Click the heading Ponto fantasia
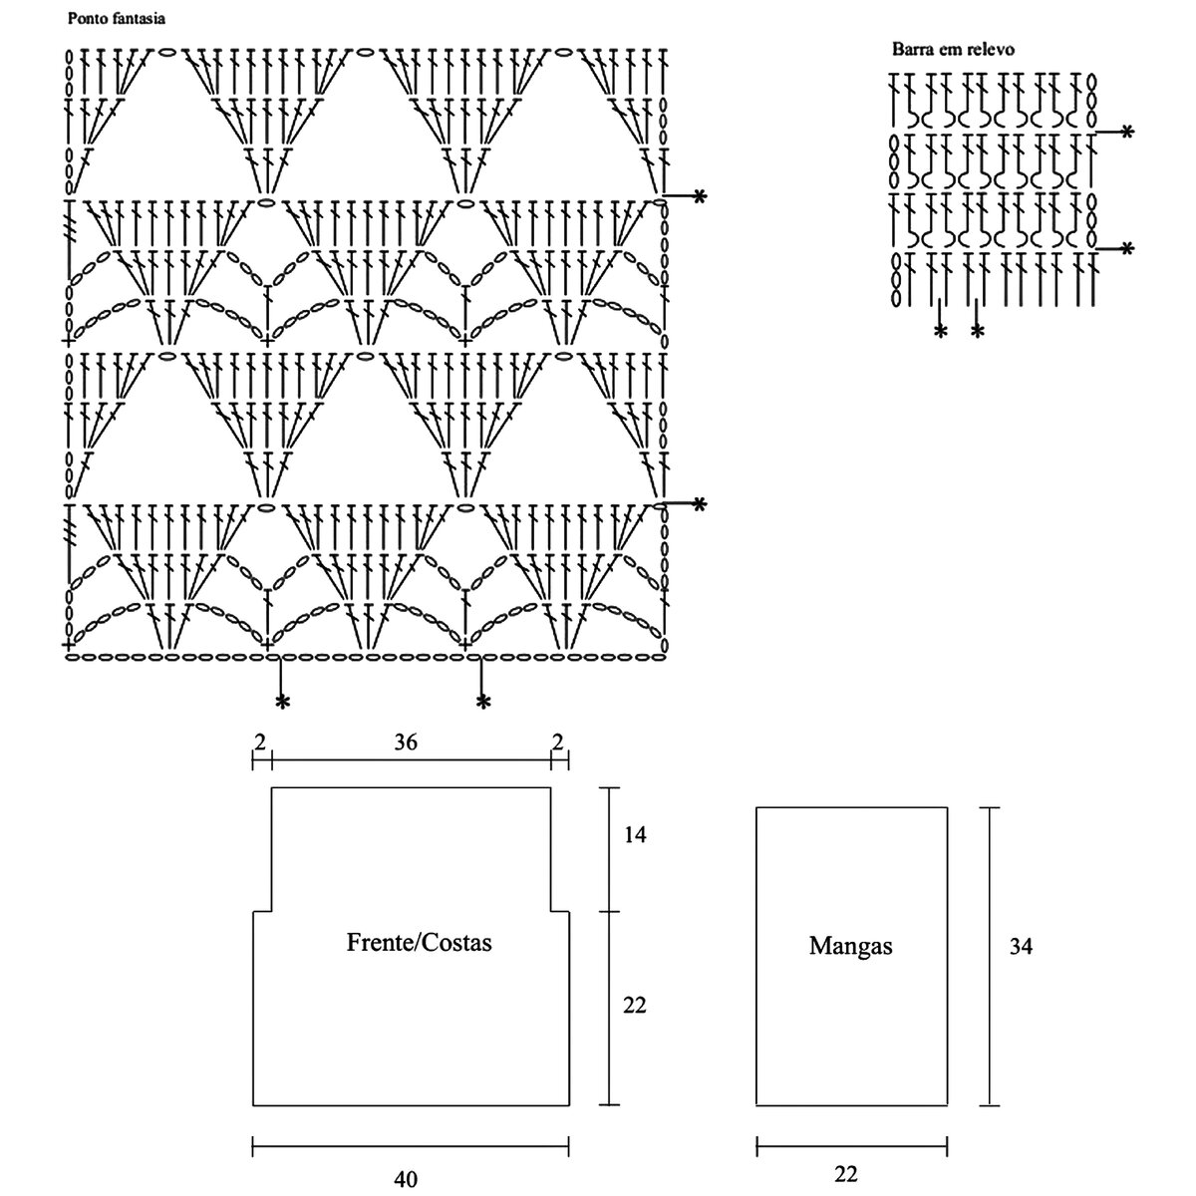coord(116,19)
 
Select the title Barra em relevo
coord(953,49)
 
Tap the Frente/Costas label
coord(419,942)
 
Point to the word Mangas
coord(850,946)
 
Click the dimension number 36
coord(405,742)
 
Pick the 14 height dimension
coord(635,835)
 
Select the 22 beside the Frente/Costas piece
coord(635,1006)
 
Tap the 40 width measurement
coord(406,1180)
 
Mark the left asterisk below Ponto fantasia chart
coord(283,703)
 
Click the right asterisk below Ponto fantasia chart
coord(483,703)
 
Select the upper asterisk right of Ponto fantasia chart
coord(699,196)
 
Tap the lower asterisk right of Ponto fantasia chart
coord(699,505)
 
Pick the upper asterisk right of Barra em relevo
coord(1127,132)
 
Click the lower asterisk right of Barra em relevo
coord(1127,248)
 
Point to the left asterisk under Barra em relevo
coord(940,331)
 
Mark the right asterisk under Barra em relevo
coord(977,331)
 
